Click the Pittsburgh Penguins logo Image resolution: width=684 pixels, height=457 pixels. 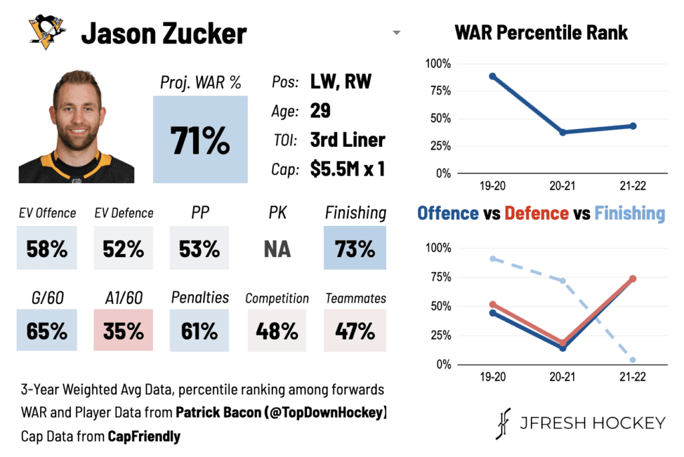[47, 32]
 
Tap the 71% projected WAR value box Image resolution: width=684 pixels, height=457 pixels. [200, 139]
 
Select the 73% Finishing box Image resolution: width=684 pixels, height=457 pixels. [355, 248]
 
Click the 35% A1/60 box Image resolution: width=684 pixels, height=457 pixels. [124, 329]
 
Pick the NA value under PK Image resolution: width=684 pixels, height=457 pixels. [277, 249]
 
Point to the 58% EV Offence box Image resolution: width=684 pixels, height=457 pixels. [47, 248]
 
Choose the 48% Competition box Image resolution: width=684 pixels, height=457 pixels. [277, 329]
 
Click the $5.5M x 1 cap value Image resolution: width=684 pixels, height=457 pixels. [347, 169]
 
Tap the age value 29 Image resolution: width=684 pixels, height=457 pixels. [321, 110]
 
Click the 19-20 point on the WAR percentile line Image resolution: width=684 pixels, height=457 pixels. [493, 76]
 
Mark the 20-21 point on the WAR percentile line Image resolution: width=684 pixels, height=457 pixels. [562, 132]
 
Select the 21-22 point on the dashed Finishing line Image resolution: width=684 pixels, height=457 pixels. [633, 360]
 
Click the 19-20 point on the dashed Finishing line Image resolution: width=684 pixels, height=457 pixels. [493, 259]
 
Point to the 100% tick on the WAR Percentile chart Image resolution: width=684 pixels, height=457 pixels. [438, 64]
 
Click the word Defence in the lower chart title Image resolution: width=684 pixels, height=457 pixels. [536, 213]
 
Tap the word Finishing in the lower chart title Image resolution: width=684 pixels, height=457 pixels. [629, 213]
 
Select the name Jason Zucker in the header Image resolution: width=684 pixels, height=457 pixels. [164, 33]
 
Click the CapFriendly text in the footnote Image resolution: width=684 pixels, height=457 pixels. [144, 437]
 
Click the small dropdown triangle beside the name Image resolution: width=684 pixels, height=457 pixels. [396, 33]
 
